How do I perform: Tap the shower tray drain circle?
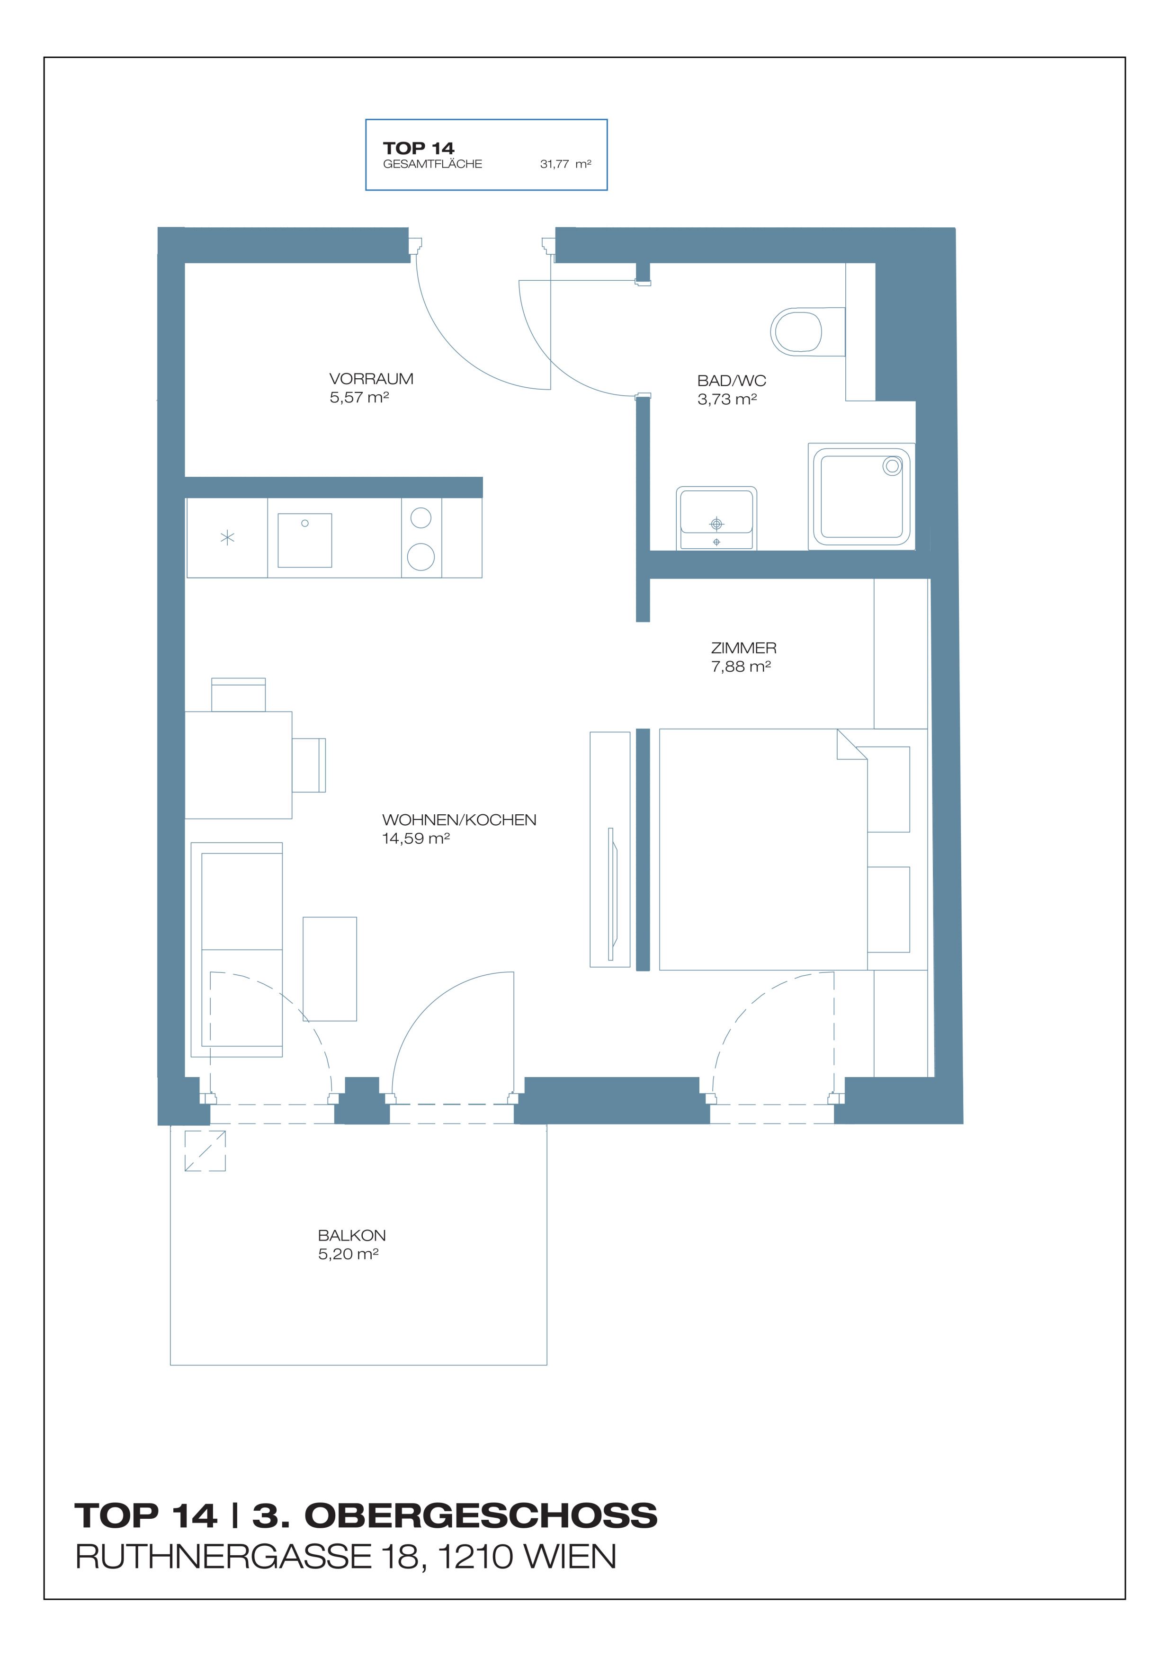click(892, 466)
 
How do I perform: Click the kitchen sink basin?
click(304, 540)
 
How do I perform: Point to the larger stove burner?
click(421, 557)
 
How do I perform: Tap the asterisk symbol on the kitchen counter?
click(227, 538)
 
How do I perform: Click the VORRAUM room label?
click(371, 379)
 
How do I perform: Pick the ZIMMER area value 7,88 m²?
click(741, 667)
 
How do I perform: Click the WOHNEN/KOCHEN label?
click(459, 820)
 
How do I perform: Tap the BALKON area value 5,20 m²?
click(348, 1254)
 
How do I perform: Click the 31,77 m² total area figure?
click(565, 164)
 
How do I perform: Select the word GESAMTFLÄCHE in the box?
click(432, 164)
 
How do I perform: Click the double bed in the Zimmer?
click(763, 849)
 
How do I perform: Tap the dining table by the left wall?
click(238, 765)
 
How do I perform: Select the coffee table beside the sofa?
click(330, 969)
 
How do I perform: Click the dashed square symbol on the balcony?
click(205, 1150)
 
